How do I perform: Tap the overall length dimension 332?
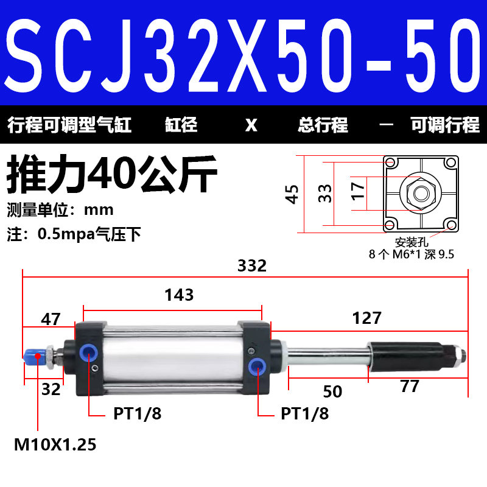pyautogui.click(x=252, y=266)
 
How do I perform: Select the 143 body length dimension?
pyautogui.click(x=179, y=295)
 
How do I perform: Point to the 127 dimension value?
pyautogui.click(x=366, y=318)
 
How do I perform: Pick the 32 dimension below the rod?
pyautogui.click(x=51, y=389)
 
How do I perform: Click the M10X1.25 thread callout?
pyautogui.click(x=55, y=445)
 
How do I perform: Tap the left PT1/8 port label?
pyautogui.click(x=138, y=414)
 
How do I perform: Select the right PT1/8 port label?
pyautogui.click(x=304, y=414)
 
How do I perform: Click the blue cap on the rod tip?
pyautogui.click(x=31, y=356)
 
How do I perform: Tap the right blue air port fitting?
pyautogui.click(x=256, y=366)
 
